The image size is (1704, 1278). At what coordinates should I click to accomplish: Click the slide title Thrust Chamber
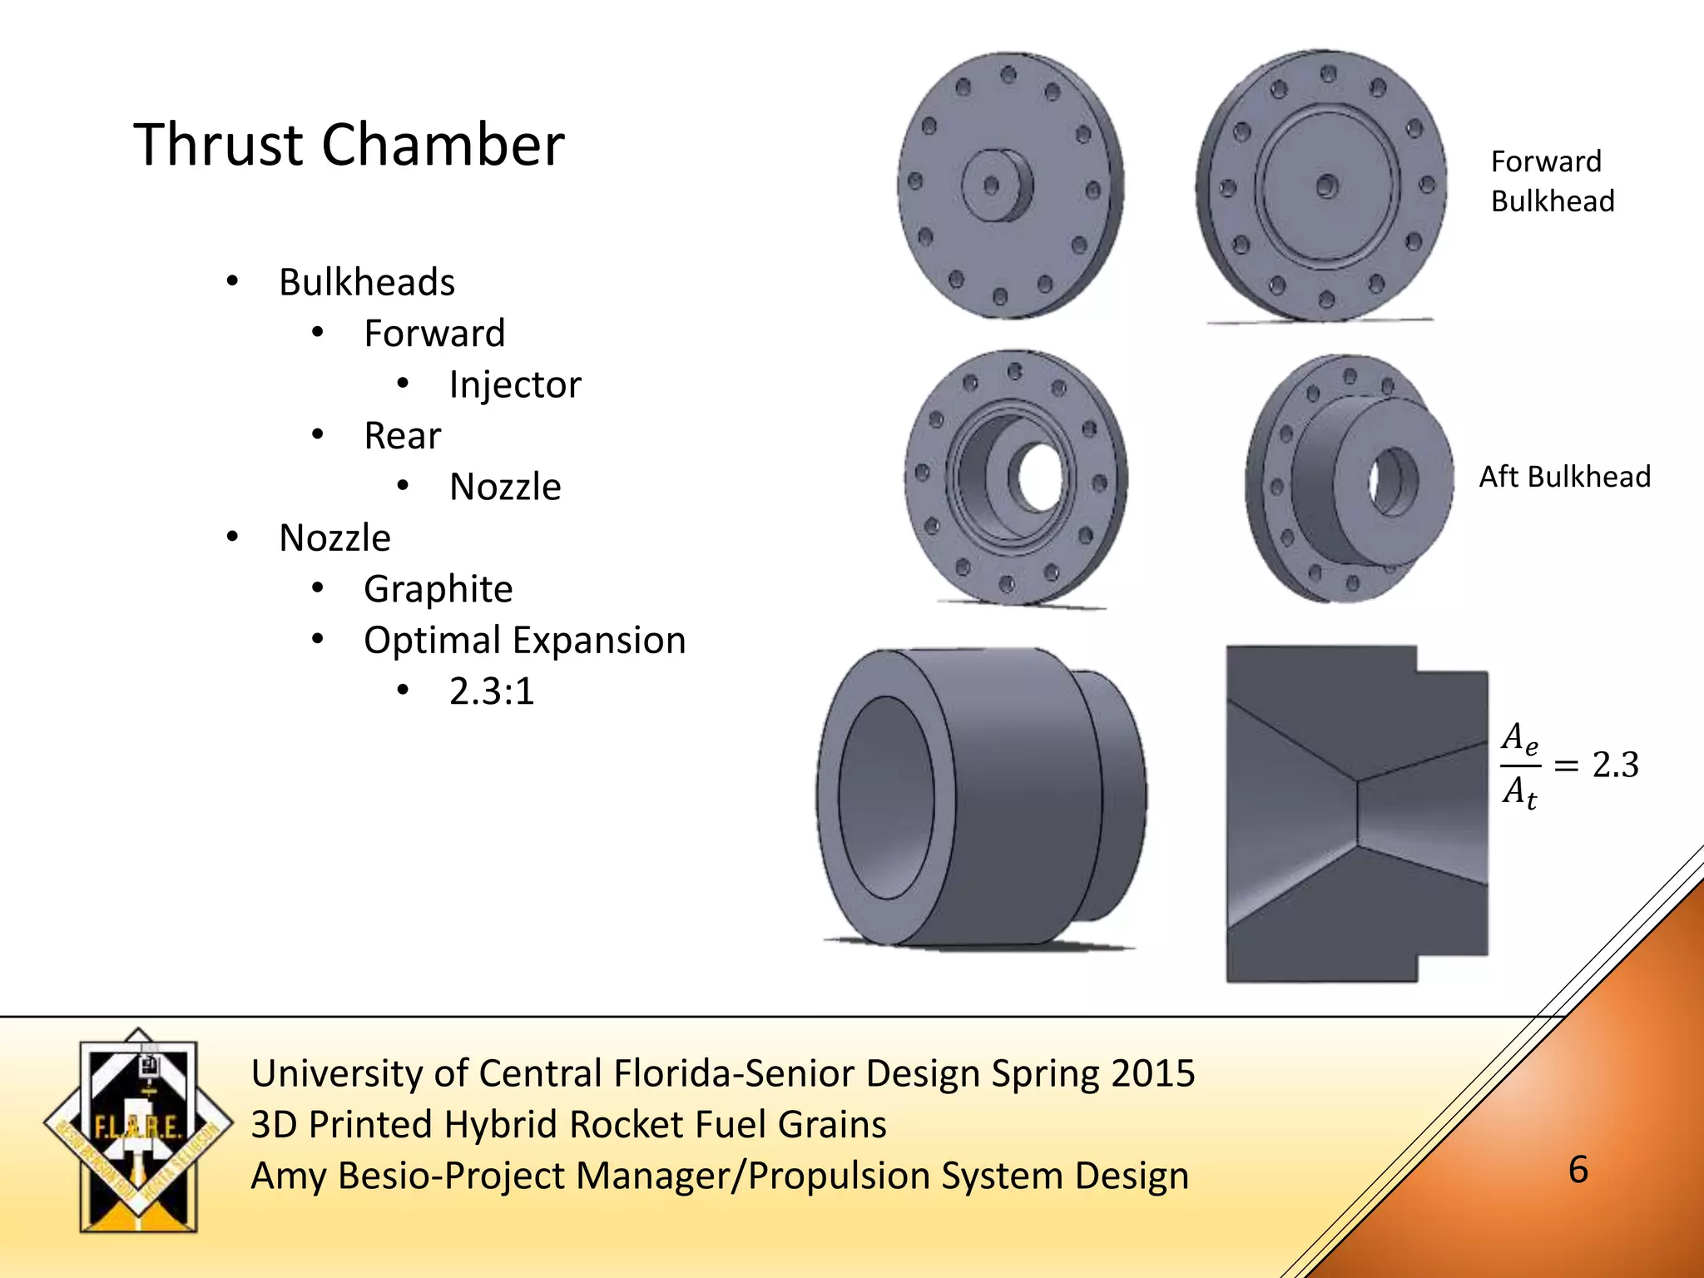pyautogui.click(x=349, y=145)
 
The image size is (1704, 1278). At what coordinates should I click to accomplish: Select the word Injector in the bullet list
pyautogui.click(x=515, y=384)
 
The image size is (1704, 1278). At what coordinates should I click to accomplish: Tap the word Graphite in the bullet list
pyautogui.click(x=438, y=589)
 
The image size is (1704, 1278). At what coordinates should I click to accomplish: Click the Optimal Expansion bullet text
pyautogui.click(x=524, y=640)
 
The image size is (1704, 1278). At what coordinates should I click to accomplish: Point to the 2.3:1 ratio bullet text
pyautogui.click(x=491, y=691)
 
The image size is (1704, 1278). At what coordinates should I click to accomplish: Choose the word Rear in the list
pyautogui.click(x=402, y=436)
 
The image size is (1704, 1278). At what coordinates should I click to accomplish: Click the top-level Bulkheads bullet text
pyautogui.click(x=367, y=282)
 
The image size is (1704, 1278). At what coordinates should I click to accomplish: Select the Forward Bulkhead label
pyautogui.click(x=1551, y=181)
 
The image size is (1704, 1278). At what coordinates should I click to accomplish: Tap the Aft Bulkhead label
pyautogui.click(x=1564, y=477)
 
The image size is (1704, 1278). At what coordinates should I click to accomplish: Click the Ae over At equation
pyautogui.click(x=1568, y=765)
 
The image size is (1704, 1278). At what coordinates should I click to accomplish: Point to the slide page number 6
pyautogui.click(x=1578, y=1170)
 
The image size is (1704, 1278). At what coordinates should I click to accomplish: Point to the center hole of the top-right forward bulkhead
pyautogui.click(x=1326, y=186)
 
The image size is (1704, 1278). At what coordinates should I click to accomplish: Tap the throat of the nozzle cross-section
pyautogui.click(x=1358, y=807)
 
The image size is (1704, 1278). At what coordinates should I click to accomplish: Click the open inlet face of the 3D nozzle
pyautogui.click(x=885, y=797)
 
